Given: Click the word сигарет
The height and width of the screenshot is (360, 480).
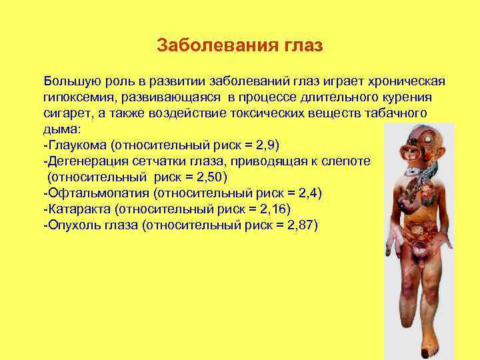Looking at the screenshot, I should [x=65, y=113].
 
